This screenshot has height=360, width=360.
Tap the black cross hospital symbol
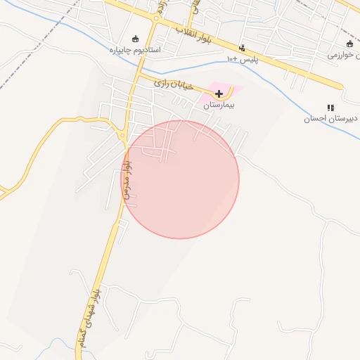(x=219, y=94)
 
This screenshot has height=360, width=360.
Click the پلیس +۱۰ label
(x=243, y=60)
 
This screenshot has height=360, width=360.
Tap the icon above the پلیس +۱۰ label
(x=243, y=49)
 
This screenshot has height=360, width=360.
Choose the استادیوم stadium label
(x=135, y=51)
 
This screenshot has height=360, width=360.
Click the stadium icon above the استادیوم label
(x=136, y=39)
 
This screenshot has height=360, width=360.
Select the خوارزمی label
(x=344, y=54)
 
